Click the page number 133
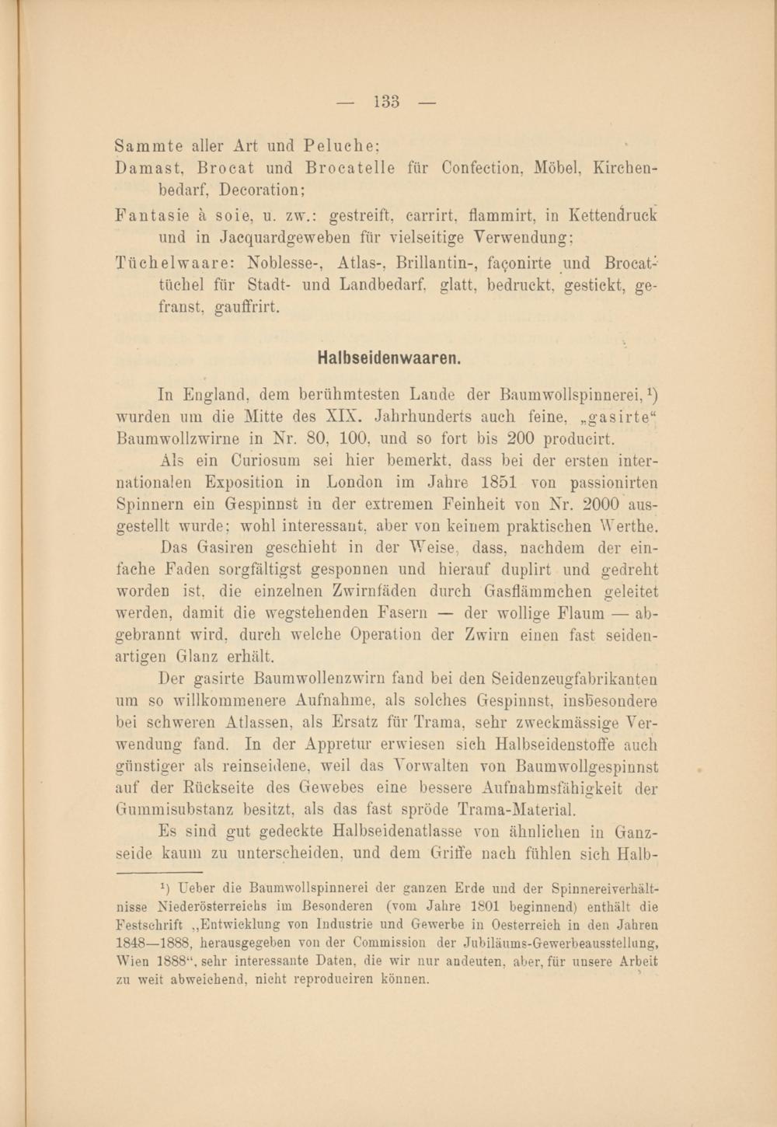click(386, 102)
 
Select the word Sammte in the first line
click(138, 145)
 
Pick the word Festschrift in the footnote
click(149, 925)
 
